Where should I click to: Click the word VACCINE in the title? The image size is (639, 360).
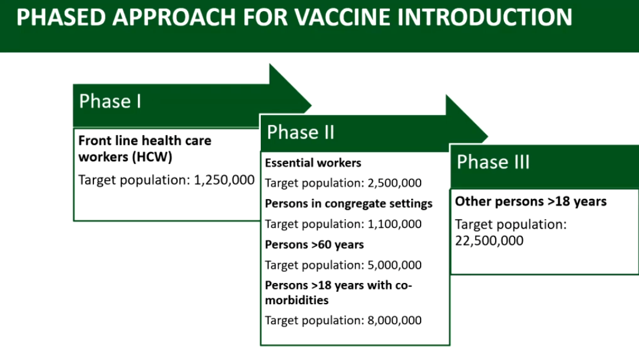[341, 17]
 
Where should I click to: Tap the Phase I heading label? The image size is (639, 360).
[110, 101]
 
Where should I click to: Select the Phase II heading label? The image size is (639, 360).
[300, 132]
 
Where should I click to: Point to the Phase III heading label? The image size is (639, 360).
[493, 162]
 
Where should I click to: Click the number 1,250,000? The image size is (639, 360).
[224, 180]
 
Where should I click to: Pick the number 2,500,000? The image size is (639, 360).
[395, 183]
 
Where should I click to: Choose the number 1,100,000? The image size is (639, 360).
[395, 224]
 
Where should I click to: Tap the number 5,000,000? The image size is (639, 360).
[395, 265]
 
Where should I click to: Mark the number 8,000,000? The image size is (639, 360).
[395, 321]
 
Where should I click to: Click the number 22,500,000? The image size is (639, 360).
[489, 241]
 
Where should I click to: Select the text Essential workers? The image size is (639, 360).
[313, 163]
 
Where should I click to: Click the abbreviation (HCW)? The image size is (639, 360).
[153, 157]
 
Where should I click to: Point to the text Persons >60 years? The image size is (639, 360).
[314, 245]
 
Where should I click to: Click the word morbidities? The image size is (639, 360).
[297, 300]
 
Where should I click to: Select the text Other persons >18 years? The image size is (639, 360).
[530, 201]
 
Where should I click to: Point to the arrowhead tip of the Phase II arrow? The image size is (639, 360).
[488, 136]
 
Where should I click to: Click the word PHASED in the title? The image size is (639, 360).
[60, 17]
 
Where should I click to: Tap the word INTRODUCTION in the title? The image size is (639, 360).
[485, 17]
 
